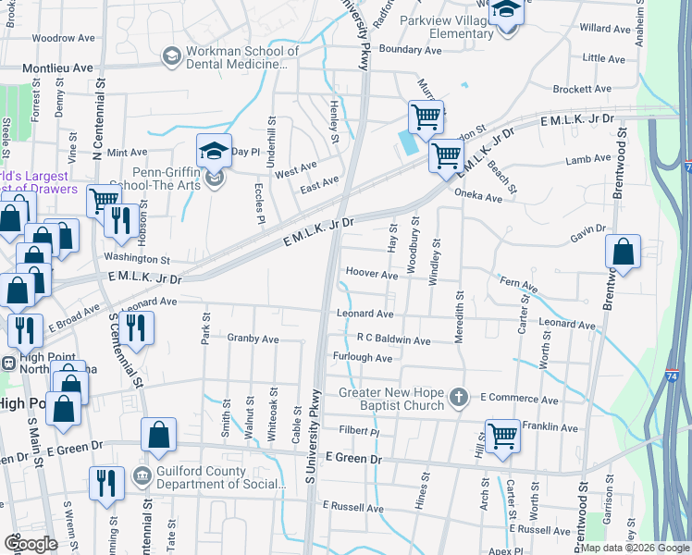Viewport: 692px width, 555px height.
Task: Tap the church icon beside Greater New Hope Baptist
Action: pos(458,399)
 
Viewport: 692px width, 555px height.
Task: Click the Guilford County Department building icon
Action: pos(142,477)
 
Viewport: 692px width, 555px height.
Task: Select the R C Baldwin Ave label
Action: pos(393,340)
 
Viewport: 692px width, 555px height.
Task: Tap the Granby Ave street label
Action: pos(253,339)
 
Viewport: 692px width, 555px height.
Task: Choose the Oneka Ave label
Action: pos(478,197)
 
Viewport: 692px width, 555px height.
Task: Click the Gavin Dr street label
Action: pos(587,228)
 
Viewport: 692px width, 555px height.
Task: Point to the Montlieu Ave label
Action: pos(57,68)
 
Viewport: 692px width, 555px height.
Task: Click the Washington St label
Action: pos(137,260)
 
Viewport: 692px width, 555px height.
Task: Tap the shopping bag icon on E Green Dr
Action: pos(159,436)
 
